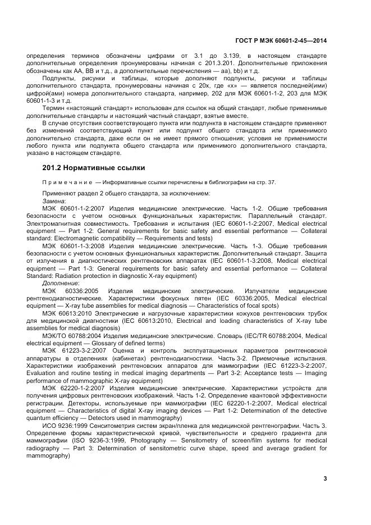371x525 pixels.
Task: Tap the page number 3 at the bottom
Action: click(x=325, y=478)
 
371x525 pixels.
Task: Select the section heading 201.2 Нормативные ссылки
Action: click(x=94, y=167)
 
